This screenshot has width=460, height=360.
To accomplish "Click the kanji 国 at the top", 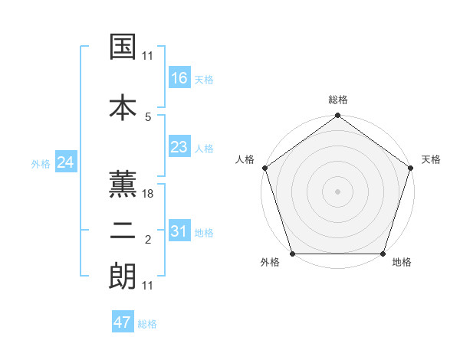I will (123, 47).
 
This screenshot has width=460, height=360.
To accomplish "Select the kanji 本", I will (123, 106).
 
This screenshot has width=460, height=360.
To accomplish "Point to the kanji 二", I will (123, 233).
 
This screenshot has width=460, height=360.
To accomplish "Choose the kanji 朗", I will (123, 276).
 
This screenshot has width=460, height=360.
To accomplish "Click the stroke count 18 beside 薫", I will (149, 195).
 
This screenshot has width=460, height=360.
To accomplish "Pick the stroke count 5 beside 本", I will (149, 116).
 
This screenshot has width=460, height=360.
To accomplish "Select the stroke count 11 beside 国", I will (148, 56).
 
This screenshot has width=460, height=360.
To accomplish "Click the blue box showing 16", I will (179, 77).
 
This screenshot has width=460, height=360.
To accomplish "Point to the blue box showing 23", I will (179, 147).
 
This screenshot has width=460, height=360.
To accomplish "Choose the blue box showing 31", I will (179, 231).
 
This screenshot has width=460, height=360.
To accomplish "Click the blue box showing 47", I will (123, 322).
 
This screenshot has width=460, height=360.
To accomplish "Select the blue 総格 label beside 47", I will (148, 324).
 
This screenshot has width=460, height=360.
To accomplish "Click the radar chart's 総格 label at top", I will (338, 100).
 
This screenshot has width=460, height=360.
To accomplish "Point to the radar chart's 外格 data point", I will (291, 254).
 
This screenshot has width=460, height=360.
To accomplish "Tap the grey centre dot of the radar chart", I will (337, 191).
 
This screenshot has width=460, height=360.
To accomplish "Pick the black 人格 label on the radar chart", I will (245, 159).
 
